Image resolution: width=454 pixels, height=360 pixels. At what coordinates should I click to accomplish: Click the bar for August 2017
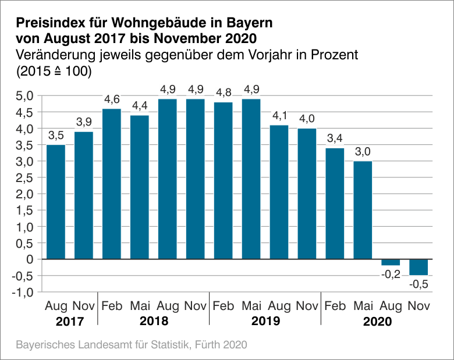56,201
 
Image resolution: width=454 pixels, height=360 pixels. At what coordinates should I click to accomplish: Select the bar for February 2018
112,183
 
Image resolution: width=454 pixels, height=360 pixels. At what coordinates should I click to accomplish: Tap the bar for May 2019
251,179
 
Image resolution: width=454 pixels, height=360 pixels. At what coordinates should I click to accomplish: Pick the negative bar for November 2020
418,267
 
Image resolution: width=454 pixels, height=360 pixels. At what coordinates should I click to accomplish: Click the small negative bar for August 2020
391,262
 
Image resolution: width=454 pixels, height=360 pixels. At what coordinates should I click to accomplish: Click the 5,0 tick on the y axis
25,95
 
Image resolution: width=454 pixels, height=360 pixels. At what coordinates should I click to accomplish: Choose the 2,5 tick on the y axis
25,177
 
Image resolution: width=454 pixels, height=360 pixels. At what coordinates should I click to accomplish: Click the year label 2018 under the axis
154,321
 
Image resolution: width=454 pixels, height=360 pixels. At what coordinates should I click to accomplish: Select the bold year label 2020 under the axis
377,321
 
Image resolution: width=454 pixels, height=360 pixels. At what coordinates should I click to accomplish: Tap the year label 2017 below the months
70,321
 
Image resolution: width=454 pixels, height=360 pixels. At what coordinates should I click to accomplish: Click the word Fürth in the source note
205,344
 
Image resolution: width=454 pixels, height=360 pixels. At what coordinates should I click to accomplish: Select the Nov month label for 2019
307,306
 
